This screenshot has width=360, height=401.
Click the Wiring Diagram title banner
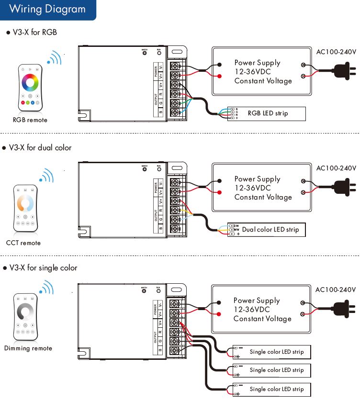[x=47, y=10]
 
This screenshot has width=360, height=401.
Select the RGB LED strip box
[x=266, y=113]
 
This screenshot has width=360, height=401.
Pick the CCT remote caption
[x=23, y=243]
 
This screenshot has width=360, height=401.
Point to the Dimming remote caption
[x=28, y=348]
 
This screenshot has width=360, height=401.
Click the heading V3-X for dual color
[x=40, y=148]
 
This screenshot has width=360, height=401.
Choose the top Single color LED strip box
[x=271, y=352]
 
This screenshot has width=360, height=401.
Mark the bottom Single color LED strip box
[x=271, y=389]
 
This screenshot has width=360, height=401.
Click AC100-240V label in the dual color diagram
[x=336, y=168]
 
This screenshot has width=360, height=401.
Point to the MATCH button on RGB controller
[x=145, y=53]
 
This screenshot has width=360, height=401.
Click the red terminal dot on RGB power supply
[x=220, y=77]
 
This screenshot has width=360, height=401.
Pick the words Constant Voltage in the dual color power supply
[x=263, y=197]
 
